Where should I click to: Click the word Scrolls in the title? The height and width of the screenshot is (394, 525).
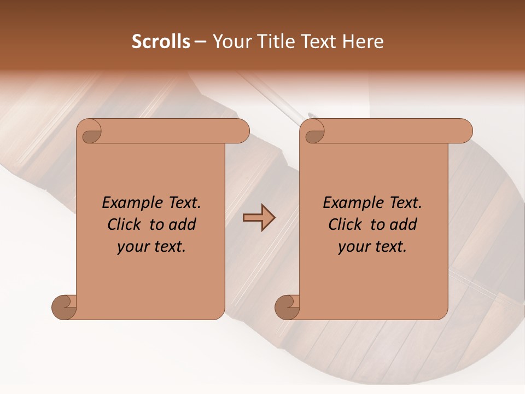click(x=161, y=42)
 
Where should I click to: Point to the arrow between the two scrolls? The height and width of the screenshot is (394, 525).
click(x=259, y=218)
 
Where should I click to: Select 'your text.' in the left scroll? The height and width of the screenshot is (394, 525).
click(x=151, y=247)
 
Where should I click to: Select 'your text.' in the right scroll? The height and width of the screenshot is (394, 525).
click(x=372, y=247)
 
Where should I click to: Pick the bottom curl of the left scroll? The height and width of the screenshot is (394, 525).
click(x=65, y=308)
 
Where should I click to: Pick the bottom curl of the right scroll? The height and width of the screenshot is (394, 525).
click(x=287, y=308)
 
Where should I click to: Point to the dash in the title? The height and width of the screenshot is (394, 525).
click(x=200, y=42)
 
